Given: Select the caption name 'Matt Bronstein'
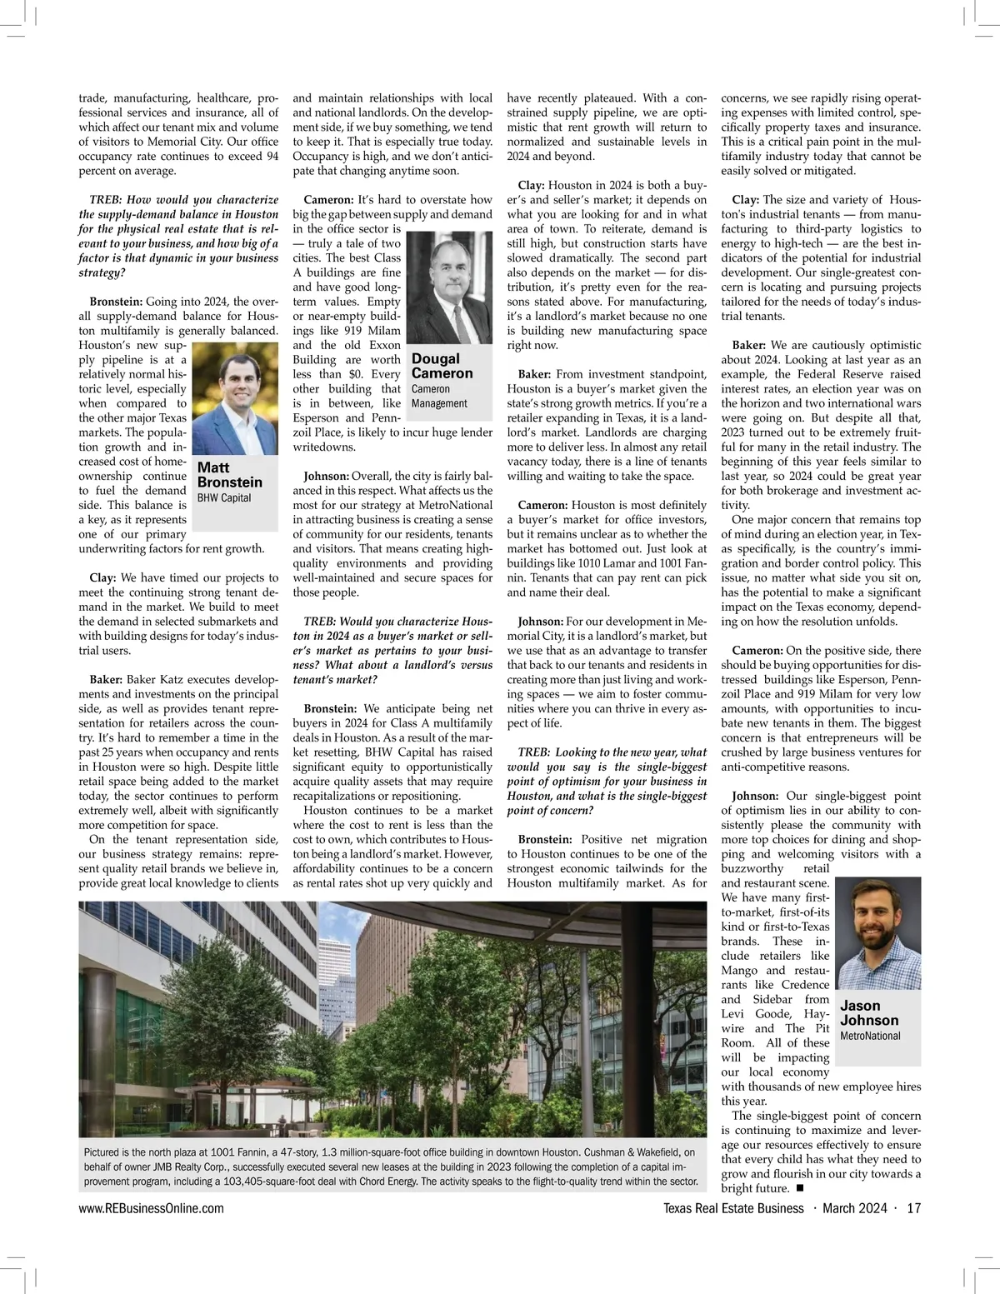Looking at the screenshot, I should click(229, 475).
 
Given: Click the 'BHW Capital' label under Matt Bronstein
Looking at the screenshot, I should click(223, 498).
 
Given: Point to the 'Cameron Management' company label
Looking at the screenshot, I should click(440, 396).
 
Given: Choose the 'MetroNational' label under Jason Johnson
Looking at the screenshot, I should click(870, 1036).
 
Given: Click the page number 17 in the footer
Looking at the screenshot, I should click(912, 1209).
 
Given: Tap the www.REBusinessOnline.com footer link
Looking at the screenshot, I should click(151, 1209).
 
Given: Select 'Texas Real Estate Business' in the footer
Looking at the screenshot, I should click(733, 1209).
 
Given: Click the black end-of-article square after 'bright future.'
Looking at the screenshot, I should click(800, 1187).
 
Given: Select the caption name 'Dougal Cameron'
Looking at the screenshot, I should click(442, 366).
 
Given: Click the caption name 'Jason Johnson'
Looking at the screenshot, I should click(870, 1013).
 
